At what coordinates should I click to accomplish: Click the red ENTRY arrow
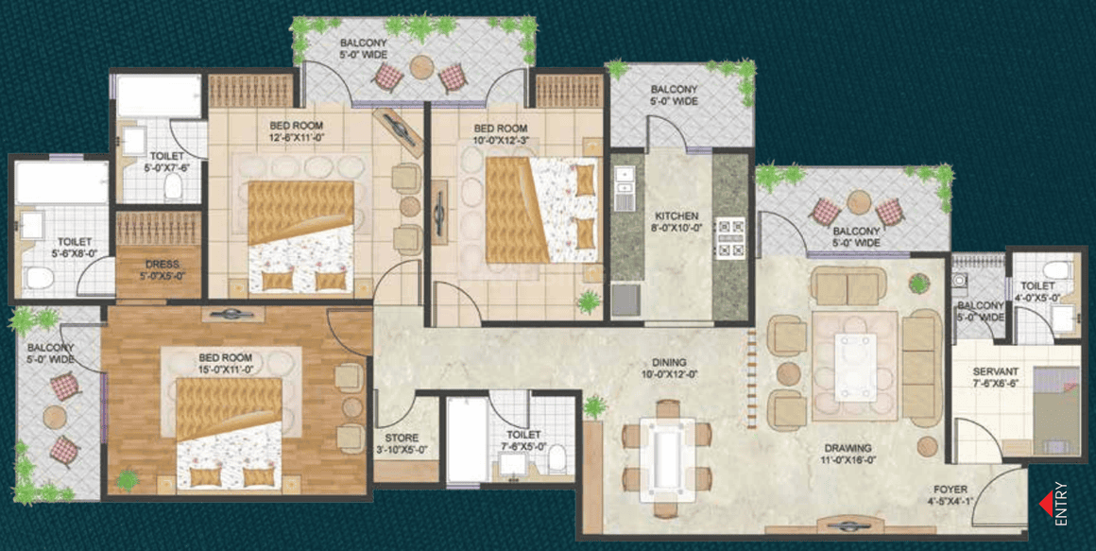click(1046, 504)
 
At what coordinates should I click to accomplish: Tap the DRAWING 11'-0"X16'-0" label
click(848, 453)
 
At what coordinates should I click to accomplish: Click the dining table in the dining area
click(668, 459)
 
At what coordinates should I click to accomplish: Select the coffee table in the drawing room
click(856, 367)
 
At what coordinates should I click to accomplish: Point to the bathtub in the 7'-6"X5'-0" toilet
click(467, 439)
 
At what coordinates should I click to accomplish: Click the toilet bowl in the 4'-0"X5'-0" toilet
click(1056, 270)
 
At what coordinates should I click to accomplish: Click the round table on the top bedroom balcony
click(421, 67)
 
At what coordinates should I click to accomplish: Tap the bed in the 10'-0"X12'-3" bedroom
click(542, 210)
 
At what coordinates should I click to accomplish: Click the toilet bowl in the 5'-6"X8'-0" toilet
click(39, 279)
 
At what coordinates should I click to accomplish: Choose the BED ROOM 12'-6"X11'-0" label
click(297, 130)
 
